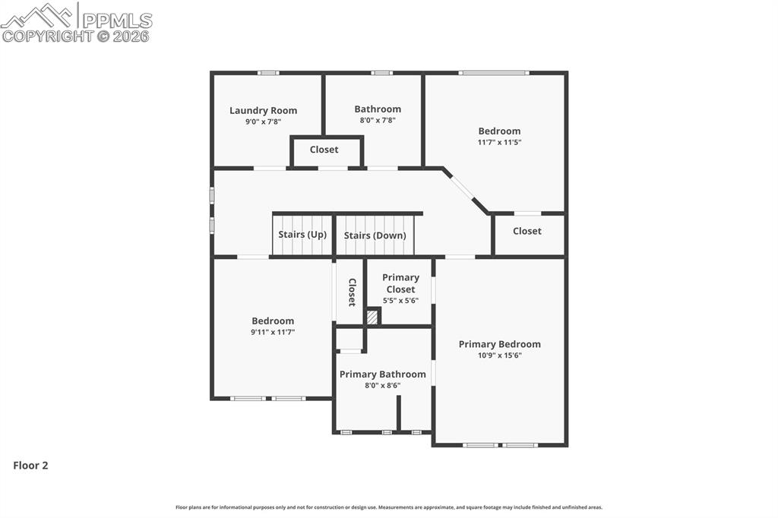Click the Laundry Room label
point(263,110)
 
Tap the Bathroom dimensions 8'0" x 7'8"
point(378,120)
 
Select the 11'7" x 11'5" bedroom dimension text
point(499,142)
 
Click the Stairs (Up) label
point(302,234)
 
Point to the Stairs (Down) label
point(375,235)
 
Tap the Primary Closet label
point(400,283)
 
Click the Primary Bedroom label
point(499,344)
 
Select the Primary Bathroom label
point(382,374)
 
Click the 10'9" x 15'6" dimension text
point(499,355)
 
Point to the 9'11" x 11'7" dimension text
point(273,332)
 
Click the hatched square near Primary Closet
point(372,317)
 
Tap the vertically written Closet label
point(352,292)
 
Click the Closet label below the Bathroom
point(324,150)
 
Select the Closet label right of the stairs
point(527,231)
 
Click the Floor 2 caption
point(30,466)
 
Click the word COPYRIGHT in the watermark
point(47,36)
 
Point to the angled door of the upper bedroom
point(462,187)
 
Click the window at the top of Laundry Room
point(267,73)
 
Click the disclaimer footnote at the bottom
point(388,507)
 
